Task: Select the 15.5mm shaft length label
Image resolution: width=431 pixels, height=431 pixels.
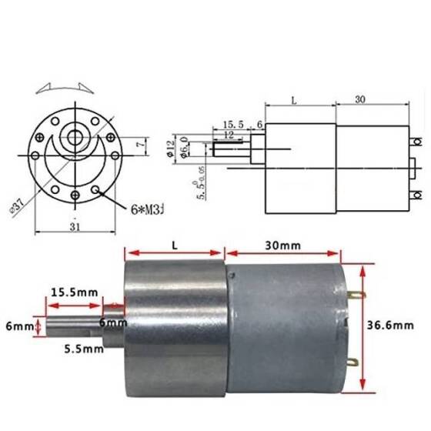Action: [x=75, y=292]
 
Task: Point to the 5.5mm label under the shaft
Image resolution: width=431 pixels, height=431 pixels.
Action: [x=84, y=349]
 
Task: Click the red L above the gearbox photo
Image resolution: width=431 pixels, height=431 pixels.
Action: [x=175, y=245]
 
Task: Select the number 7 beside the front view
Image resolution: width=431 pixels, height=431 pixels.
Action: [x=137, y=143]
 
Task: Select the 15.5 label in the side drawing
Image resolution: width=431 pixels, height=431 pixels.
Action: [x=233, y=124]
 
